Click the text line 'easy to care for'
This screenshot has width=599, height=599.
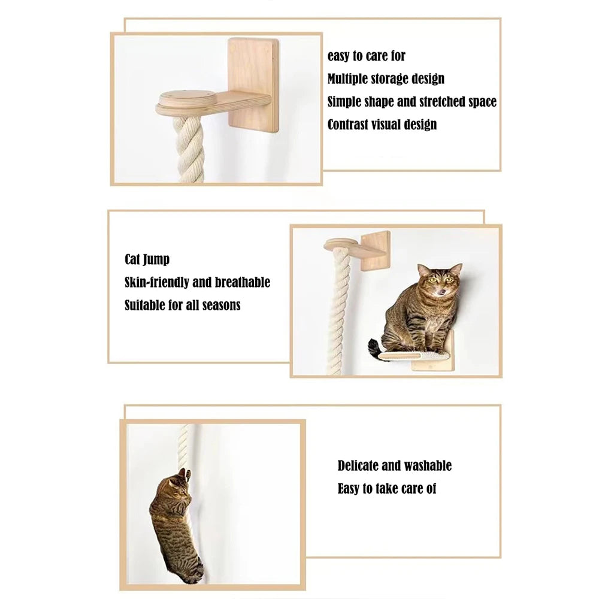point(366,56)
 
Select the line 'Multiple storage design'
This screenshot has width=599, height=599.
point(386,78)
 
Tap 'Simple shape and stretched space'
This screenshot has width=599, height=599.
point(412,101)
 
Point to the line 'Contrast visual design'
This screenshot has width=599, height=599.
point(382,125)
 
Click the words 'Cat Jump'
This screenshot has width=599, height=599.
point(147,259)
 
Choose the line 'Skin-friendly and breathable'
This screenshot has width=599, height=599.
point(197,282)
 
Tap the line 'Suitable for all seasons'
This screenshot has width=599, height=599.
point(182,305)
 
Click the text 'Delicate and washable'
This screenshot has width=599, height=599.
point(394,465)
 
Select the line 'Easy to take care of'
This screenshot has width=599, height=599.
point(386,488)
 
